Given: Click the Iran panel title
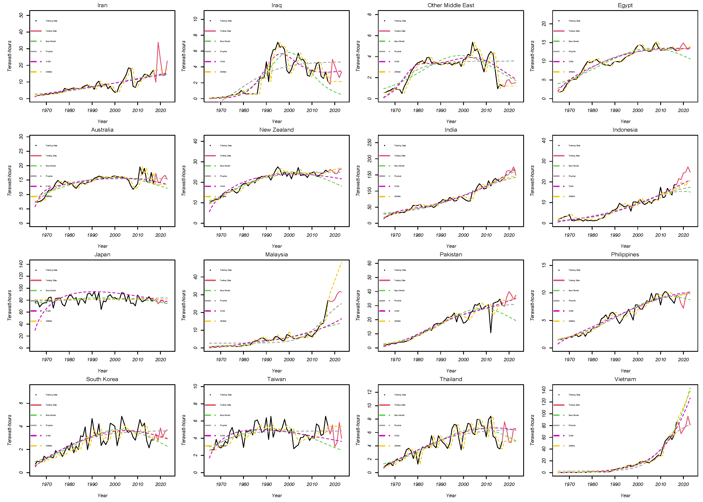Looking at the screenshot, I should [x=102, y=5].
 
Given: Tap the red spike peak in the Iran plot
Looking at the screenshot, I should [x=158, y=42].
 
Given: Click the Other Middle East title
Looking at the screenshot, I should [x=450, y=5].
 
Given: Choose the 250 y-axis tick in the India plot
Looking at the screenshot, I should [x=370, y=142].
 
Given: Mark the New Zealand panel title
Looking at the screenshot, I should [x=276, y=130].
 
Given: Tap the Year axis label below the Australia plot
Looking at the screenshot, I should [x=102, y=246].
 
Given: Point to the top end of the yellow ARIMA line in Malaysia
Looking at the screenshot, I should [x=341, y=262].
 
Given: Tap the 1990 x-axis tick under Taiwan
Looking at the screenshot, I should [x=266, y=484].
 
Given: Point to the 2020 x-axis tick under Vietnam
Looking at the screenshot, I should [x=683, y=484].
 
